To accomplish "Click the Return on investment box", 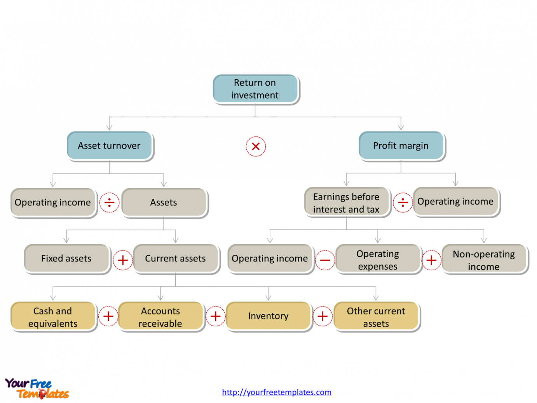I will [255, 89].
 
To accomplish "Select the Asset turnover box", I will [109, 146].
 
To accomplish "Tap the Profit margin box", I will [401, 146].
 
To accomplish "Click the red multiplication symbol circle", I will [256, 146].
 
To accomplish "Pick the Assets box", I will [164, 203].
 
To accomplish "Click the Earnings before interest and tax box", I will [346, 203].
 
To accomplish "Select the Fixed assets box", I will [66, 259].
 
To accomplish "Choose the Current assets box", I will [175, 259].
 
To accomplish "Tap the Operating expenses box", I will [378, 260].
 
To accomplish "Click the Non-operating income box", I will [484, 260].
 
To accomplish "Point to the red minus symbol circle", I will [325, 260].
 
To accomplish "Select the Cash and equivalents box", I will [53, 317].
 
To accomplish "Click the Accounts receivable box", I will [160, 317].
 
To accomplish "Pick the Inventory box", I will [268, 316].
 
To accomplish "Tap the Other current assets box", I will [376, 317].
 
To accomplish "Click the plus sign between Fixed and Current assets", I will [123, 260].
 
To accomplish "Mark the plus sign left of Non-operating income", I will [431, 260].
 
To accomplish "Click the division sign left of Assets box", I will [109, 203].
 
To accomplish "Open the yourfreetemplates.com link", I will [277, 392].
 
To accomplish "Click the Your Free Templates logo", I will [37, 389].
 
